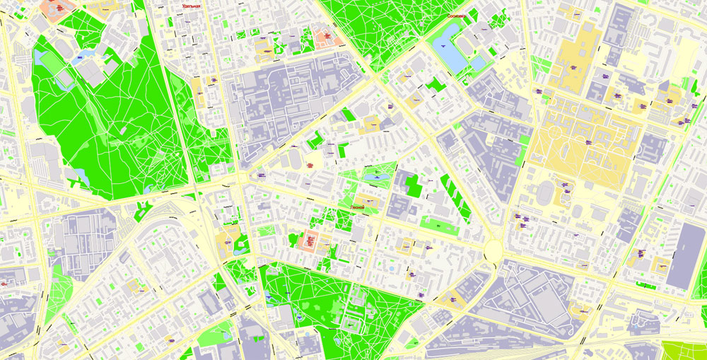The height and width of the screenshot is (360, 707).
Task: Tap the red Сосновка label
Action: (x=451, y=15)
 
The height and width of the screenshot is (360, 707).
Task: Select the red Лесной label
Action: (x=357, y=207)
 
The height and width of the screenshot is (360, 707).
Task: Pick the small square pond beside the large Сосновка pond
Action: (x=479, y=63)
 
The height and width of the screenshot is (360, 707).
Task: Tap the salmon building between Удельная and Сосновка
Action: (x=326, y=37)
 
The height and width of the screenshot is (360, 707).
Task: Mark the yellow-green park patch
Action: (x=684, y=350)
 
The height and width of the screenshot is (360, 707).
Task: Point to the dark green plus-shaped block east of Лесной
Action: (x=413, y=185)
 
